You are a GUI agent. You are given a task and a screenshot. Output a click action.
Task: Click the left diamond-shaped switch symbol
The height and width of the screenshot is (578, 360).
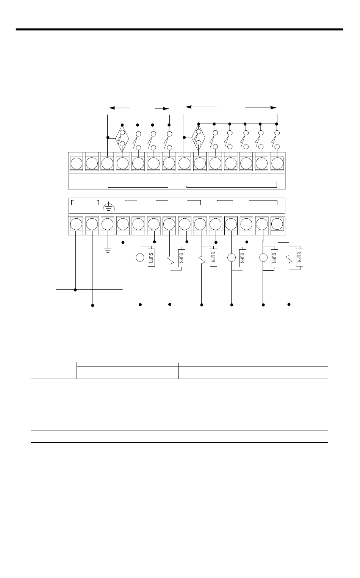[122, 138]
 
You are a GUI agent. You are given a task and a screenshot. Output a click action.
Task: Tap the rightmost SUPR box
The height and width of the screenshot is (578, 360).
[299, 258]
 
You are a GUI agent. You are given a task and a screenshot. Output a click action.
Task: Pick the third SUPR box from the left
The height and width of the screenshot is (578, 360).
[213, 258]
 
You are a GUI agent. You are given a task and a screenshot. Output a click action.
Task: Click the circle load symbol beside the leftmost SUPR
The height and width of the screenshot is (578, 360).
[140, 258]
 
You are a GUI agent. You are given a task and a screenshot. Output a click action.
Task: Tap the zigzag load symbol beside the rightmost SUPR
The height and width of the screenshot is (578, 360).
[289, 258]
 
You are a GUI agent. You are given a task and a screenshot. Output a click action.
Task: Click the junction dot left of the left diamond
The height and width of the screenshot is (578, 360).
[108, 138]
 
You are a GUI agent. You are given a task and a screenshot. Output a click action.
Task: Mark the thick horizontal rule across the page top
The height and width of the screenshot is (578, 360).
[179, 29]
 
